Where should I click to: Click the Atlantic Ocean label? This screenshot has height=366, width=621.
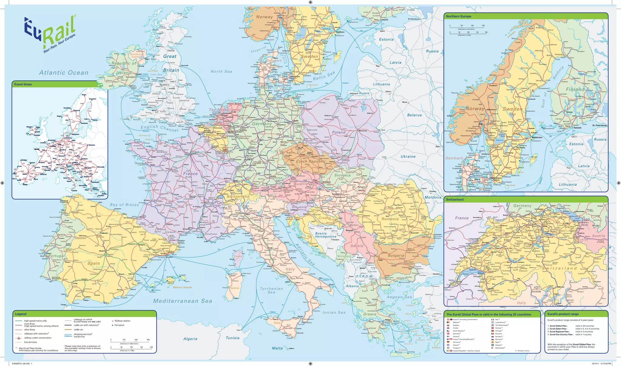64,72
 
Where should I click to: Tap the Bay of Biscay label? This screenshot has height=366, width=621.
124,205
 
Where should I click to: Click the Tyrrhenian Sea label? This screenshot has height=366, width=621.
271,290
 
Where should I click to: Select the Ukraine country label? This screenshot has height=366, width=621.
408,156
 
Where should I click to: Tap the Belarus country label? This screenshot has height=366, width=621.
415,115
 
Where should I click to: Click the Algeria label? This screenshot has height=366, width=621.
190,339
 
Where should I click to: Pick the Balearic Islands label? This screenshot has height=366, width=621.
182,287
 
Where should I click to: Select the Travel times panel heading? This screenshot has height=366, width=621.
23,84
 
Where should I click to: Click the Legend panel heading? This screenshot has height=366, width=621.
21,314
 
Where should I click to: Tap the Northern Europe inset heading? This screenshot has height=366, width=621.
458,16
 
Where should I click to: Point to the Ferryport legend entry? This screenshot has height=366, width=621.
119,325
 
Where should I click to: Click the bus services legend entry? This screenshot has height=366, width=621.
30,342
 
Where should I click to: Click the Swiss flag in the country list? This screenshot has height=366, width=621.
492,348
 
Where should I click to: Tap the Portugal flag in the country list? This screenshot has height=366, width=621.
492,331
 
